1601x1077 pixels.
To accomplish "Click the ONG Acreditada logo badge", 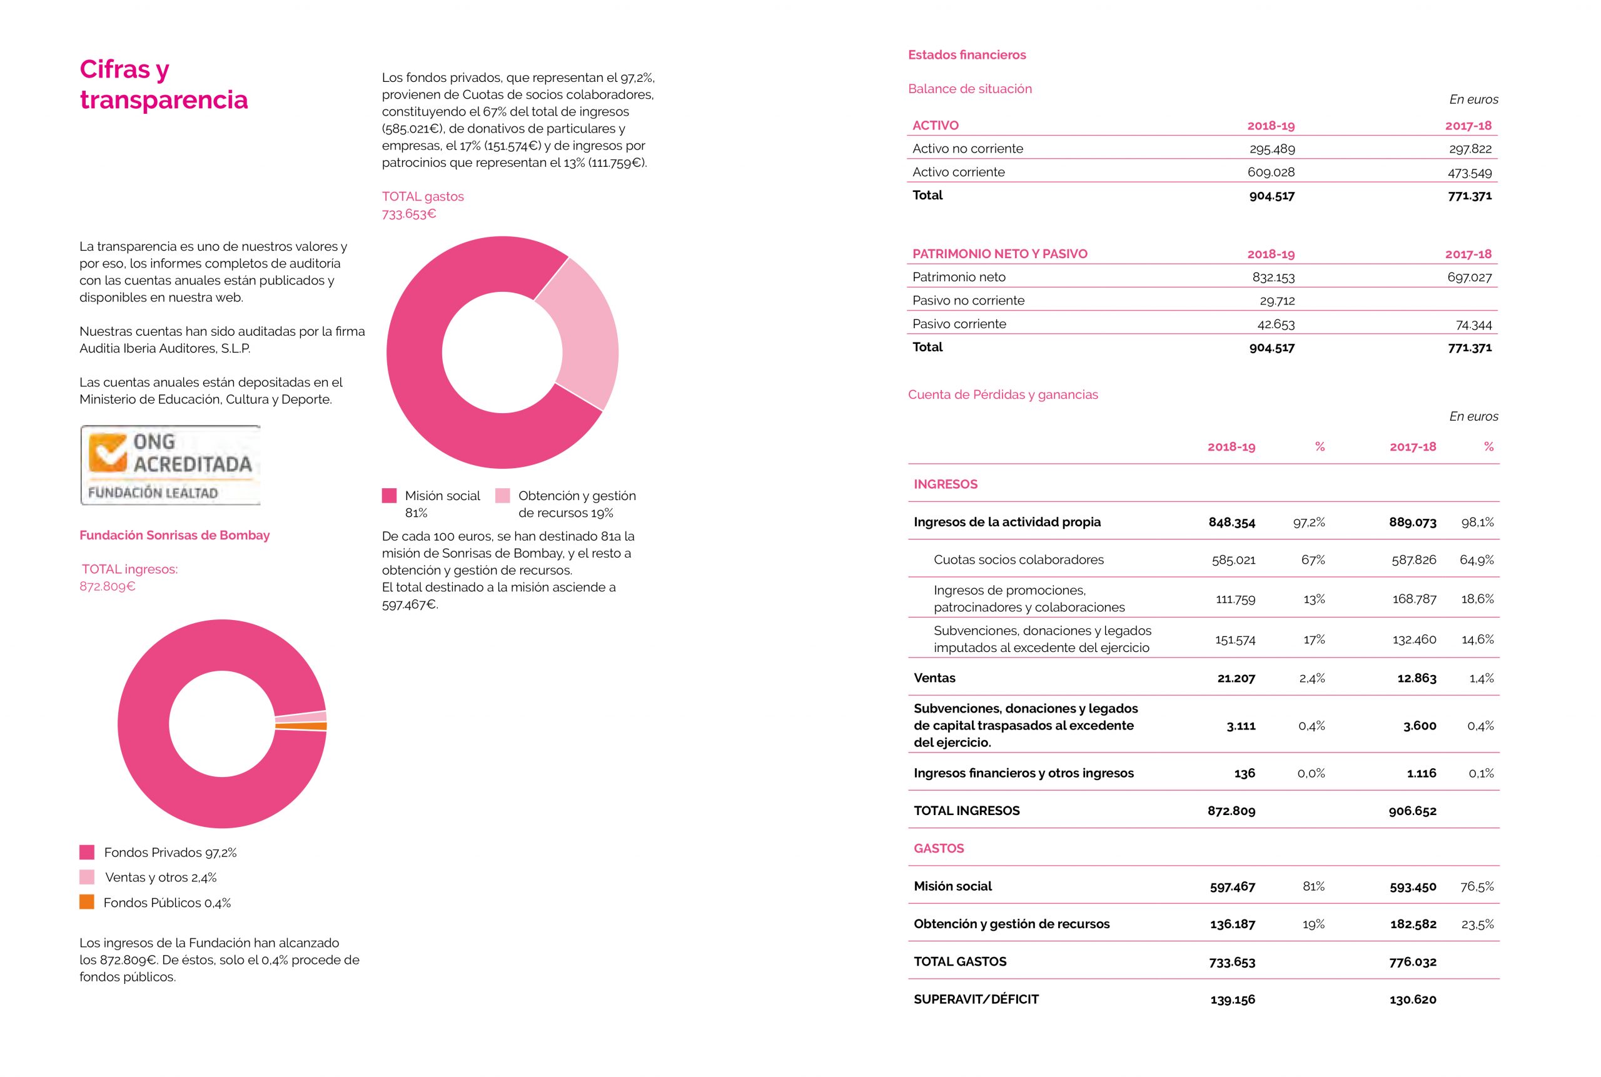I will tap(170, 465).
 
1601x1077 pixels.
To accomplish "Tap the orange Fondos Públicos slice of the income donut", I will tap(301, 725).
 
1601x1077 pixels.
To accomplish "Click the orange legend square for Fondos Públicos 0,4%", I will tap(86, 902).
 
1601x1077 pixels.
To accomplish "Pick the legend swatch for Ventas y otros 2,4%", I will tap(86, 877).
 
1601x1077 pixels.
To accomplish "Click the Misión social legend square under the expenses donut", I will tap(389, 496).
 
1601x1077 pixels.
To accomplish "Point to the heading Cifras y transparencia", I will tap(163, 84).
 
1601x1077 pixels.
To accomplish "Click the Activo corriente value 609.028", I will tap(1271, 172).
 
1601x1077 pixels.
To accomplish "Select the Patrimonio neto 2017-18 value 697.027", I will tap(1469, 278).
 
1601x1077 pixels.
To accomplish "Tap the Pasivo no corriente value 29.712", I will tap(1276, 301).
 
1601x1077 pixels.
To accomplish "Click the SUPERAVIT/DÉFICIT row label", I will tap(976, 999).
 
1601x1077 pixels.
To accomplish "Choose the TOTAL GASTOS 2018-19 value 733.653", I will tap(1232, 961).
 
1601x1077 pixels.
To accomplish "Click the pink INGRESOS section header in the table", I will tap(945, 484).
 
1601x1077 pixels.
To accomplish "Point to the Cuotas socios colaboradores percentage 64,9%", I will tap(1477, 560).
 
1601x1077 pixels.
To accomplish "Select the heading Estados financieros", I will tap(967, 55).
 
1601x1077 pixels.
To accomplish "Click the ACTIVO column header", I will tap(935, 126).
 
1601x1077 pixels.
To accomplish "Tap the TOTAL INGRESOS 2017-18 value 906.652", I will tap(1412, 811).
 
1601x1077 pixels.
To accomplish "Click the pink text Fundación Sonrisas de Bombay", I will tap(174, 535).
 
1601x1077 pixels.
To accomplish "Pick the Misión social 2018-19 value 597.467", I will tap(1232, 887).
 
